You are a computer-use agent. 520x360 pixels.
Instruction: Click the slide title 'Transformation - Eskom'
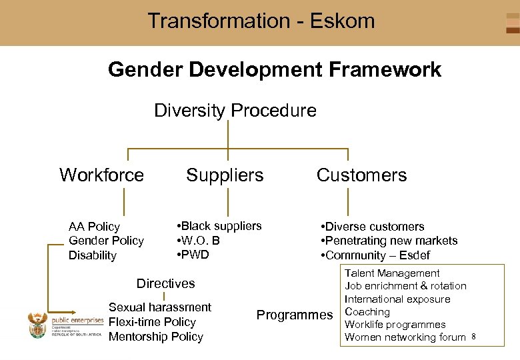pyautogui.click(x=261, y=21)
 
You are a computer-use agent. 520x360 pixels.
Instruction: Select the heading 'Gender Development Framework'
pyautogui.click(x=274, y=69)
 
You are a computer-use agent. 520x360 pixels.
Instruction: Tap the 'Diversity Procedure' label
pyautogui.click(x=235, y=110)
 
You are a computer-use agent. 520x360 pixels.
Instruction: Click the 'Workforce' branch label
pyautogui.click(x=101, y=175)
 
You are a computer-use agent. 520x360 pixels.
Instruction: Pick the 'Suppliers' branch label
pyautogui.click(x=225, y=175)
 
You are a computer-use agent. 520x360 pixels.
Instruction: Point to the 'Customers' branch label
pyautogui.click(x=361, y=175)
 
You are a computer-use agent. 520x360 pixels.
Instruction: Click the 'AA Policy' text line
pyautogui.click(x=94, y=227)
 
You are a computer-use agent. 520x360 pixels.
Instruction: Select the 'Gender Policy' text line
pyautogui.click(x=106, y=241)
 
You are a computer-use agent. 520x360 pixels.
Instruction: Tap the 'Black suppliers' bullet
pyautogui.click(x=219, y=226)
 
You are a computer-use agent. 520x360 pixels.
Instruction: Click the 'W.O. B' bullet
pyautogui.click(x=198, y=241)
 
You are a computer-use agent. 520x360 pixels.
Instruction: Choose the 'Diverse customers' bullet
pyautogui.click(x=373, y=227)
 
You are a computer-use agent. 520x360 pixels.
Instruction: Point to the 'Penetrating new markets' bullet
pyautogui.click(x=389, y=241)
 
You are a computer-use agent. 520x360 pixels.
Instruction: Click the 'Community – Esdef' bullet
pyautogui.click(x=375, y=255)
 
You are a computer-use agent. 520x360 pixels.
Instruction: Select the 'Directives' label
pyautogui.click(x=165, y=283)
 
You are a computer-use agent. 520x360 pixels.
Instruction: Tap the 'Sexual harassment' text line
pyautogui.click(x=159, y=307)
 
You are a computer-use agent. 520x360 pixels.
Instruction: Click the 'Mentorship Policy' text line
pyautogui.click(x=155, y=337)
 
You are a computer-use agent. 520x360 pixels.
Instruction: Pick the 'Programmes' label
pyautogui.click(x=294, y=315)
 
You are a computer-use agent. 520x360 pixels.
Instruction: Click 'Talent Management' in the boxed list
pyautogui.click(x=392, y=273)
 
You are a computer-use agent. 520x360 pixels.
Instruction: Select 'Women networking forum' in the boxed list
pyautogui.click(x=405, y=337)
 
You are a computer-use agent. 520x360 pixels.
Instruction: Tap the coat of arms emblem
pyautogui.click(x=38, y=325)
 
